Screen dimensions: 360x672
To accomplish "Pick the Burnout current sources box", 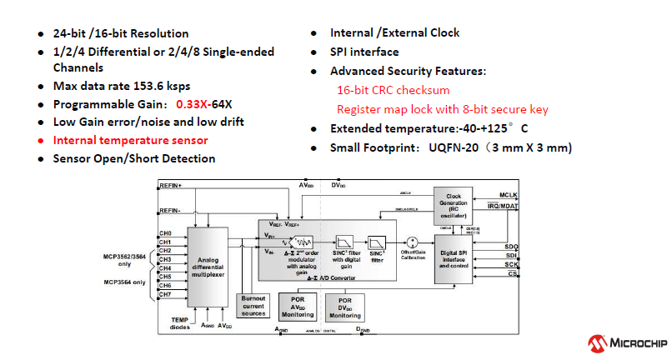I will [253, 306].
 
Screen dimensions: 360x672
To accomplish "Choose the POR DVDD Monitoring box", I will [345, 307].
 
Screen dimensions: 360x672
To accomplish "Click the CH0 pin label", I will [165, 233].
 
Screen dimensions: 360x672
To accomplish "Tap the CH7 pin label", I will [165, 293].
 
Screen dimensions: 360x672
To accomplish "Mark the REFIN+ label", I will [171, 184].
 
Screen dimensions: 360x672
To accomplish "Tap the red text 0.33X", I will [193, 104].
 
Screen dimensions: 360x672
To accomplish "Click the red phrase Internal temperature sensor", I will [130, 139].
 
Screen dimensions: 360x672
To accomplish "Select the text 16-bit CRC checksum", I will [393, 90].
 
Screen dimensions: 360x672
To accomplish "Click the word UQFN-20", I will [457, 147].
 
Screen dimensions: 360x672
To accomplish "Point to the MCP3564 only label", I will [126, 282].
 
